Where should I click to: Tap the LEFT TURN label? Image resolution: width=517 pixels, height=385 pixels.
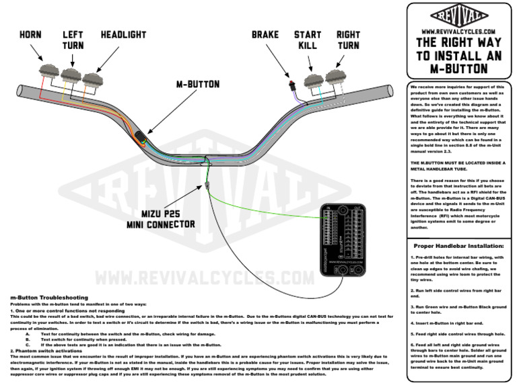coord(73,39)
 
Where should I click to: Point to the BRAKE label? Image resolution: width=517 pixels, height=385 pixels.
coord(266,34)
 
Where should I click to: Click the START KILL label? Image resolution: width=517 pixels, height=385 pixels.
coord(307,39)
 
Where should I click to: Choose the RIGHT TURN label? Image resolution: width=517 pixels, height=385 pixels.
coord(348,39)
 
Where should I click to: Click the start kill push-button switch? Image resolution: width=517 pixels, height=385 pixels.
coord(314,81)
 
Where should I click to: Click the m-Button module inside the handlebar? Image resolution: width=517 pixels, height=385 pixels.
coord(139,138)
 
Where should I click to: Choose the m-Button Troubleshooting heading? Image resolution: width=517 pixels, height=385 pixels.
coord(48,296)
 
